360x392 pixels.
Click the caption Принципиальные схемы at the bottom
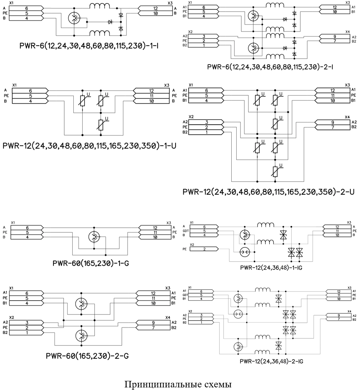point(178,384)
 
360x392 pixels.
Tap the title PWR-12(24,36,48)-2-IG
point(271,361)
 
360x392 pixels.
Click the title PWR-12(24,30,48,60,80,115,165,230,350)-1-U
point(89,146)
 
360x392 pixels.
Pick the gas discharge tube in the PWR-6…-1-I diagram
point(74,17)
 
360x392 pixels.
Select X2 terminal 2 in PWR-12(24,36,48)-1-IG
point(204,249)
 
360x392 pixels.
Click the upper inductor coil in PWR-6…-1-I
point(100,6)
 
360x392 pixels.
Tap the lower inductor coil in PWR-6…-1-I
point(100,33)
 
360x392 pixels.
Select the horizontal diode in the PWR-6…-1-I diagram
point(110,22)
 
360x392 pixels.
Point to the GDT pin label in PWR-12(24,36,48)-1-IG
point(186,231)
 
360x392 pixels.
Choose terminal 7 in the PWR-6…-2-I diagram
point(335,41)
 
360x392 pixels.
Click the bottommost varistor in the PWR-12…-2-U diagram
point(275,171)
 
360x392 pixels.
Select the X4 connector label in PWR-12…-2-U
point(347,117)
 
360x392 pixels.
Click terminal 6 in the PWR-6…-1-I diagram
point(27,8)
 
